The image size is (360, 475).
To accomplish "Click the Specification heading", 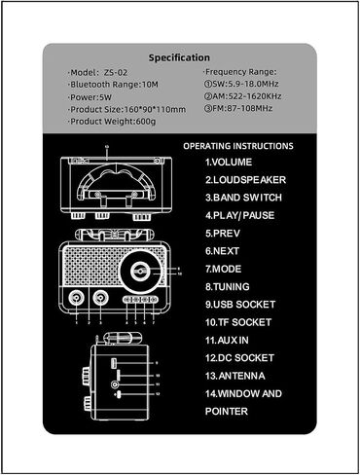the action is click(179, 57).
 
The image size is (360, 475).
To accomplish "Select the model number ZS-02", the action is click(116, 72).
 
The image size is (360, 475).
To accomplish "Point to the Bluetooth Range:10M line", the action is click(113, 85).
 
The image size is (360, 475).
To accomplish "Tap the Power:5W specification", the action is click(90, 97).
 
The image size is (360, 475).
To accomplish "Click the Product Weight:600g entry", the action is click(112, 122).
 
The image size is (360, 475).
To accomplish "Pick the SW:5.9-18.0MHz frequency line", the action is click(241, 84).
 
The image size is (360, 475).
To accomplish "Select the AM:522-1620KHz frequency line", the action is click(242, 96).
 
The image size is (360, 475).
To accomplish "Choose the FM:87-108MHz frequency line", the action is click(238, 108).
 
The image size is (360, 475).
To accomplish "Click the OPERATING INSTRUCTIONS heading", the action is click(238, 146).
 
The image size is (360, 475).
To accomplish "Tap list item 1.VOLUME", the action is click(229, 162).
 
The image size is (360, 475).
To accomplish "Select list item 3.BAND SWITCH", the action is click(243, 198).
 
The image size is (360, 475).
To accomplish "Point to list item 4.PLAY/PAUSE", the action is click(239, 215).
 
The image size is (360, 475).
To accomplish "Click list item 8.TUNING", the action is click(228, 286).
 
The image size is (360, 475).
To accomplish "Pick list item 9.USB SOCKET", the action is click(240, 305).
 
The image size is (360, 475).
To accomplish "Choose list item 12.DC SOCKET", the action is click(239, 358).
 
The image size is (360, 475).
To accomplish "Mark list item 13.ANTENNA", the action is click(235, 376).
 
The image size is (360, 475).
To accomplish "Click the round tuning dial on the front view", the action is click(140, 272).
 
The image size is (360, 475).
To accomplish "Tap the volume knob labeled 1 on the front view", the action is click(76, 298).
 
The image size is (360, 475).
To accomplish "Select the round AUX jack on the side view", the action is click(115, 384).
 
